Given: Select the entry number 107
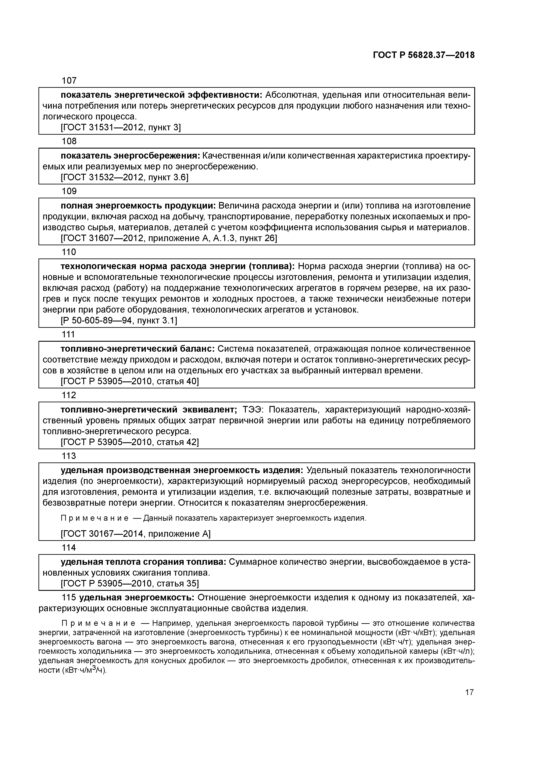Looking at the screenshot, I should point(69,81).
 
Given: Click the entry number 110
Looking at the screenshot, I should point(69,252).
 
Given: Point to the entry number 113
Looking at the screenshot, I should point(69,456).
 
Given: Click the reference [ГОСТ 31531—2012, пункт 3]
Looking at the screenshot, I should point(121,128).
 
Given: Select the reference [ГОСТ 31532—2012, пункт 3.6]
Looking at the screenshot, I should point(124,177).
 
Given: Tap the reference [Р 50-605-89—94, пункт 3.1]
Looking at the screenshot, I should point(119,321).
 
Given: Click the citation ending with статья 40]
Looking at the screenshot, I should point(130,381).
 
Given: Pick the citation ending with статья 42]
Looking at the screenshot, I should point(130,442).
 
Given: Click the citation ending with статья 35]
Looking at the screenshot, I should point(130,584).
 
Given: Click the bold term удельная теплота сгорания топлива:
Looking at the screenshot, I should point(143,562).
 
